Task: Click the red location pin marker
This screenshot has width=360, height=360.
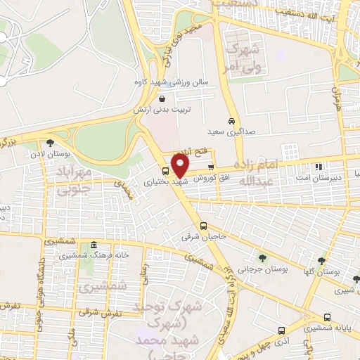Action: (181, 166)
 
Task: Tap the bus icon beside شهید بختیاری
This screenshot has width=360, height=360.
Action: (165, 171)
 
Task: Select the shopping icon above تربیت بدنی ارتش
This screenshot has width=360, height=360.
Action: (163, 99)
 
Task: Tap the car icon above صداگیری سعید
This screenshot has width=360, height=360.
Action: (231, 120)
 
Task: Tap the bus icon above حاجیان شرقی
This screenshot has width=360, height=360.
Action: (203, 226)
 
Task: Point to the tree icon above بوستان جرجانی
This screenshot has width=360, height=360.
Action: (262, 258)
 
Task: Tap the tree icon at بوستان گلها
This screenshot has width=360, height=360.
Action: (322, 259)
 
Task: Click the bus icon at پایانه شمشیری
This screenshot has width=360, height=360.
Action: (327, 317)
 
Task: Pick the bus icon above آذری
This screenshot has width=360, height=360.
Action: (281, 330)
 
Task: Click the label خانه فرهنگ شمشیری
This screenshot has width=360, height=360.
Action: (102, 255)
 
